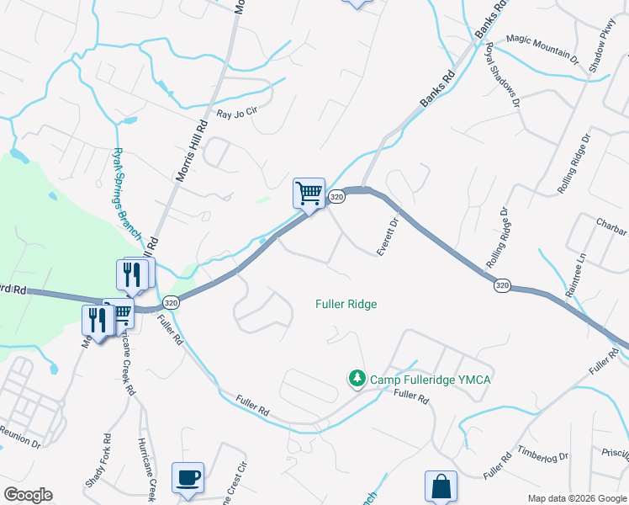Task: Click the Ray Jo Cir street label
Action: tap(236, 114)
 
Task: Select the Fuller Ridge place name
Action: tap(346, 304)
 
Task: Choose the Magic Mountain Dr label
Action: tap(542, 50)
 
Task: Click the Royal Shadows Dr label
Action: tap(502, 83)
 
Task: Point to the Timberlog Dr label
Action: tap(543, 455)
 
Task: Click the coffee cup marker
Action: tap(188, 477)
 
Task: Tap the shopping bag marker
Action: tap(441, 486)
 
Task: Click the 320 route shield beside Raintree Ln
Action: tap(502, 286)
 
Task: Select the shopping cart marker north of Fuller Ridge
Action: tap(309, 194)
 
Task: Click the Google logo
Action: tap(28, 495)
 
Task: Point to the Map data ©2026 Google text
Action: tap(577, 498)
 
